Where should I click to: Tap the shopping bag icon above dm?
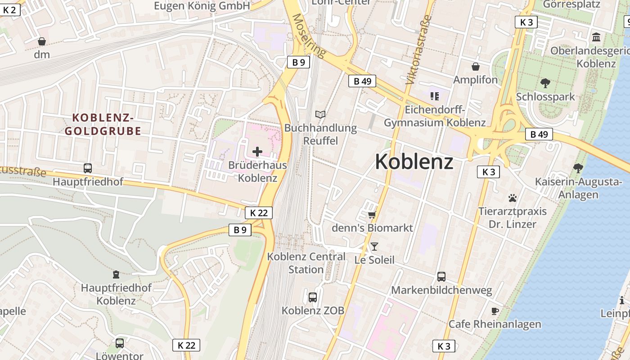[x=42, y=41]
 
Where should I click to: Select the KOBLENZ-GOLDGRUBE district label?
[x=103, y=125]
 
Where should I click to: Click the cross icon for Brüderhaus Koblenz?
[x=257, y=152]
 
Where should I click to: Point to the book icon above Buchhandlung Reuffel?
[x=320, y=115]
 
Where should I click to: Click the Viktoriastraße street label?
[x=418, y=49]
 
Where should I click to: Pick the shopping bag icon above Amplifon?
[x=475, y=67]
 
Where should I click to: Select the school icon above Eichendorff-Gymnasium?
[x=434, y=96]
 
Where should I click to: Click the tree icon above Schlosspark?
[x=545, y=83]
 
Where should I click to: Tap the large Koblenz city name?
[x=414, y=162]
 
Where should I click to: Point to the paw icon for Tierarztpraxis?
[x=512, y=198]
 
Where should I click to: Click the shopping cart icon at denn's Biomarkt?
[x=372, y=215]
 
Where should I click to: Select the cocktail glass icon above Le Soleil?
[x=374, y=246]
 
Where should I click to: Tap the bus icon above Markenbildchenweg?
[x=441, y=276]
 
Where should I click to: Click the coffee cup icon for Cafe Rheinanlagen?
[x=495, y=310]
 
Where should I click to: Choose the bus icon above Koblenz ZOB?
[x=313, y=297]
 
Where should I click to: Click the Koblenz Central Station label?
[x=306, y=263]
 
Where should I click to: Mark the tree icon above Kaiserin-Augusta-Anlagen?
[x=578, y=168]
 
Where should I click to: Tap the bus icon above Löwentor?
[x=120, y=343]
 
